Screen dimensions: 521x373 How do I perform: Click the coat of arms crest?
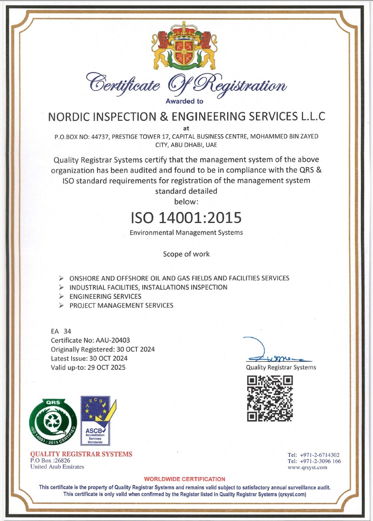point(184,46)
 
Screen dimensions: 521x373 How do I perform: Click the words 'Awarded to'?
point(184,101)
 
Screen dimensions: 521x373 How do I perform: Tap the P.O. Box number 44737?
point(99,136)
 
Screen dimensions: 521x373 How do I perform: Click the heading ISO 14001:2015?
point(186,218)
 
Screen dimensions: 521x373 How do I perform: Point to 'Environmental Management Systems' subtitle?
point(186,232)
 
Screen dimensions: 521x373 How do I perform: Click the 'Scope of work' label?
point(186,254)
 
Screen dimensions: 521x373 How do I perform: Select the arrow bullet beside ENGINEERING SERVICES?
point(61,296)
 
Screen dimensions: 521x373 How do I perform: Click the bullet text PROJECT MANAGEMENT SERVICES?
point(121,305)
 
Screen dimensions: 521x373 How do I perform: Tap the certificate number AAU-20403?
point(113,340)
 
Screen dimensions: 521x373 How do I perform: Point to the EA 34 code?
point(61,331)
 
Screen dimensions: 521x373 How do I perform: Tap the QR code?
point(270,399)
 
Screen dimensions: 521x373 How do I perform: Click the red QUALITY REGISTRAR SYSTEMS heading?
point(81,454)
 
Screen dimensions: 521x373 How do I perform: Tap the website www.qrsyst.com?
point(307,467)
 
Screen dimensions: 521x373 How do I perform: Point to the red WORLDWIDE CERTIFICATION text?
point(185,479)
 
